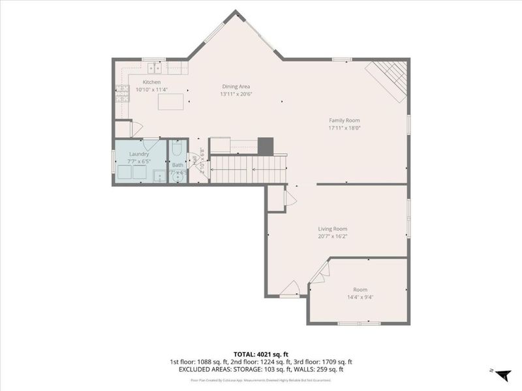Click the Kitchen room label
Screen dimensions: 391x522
pos(151,82)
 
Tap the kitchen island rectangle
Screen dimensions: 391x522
pos(171,102)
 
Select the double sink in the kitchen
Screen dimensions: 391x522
pos(155,67)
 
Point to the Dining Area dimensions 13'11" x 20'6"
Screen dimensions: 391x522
pos(236,94)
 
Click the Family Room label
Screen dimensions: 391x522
pos(344,121)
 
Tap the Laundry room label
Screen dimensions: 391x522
pos(138,154)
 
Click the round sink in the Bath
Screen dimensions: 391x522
pos(177,176)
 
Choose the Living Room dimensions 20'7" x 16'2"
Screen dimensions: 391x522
pos(332,237)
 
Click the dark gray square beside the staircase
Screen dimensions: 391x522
pos(265,146)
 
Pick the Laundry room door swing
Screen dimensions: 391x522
pos(150,144)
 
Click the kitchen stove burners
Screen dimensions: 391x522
pos(122,94)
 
